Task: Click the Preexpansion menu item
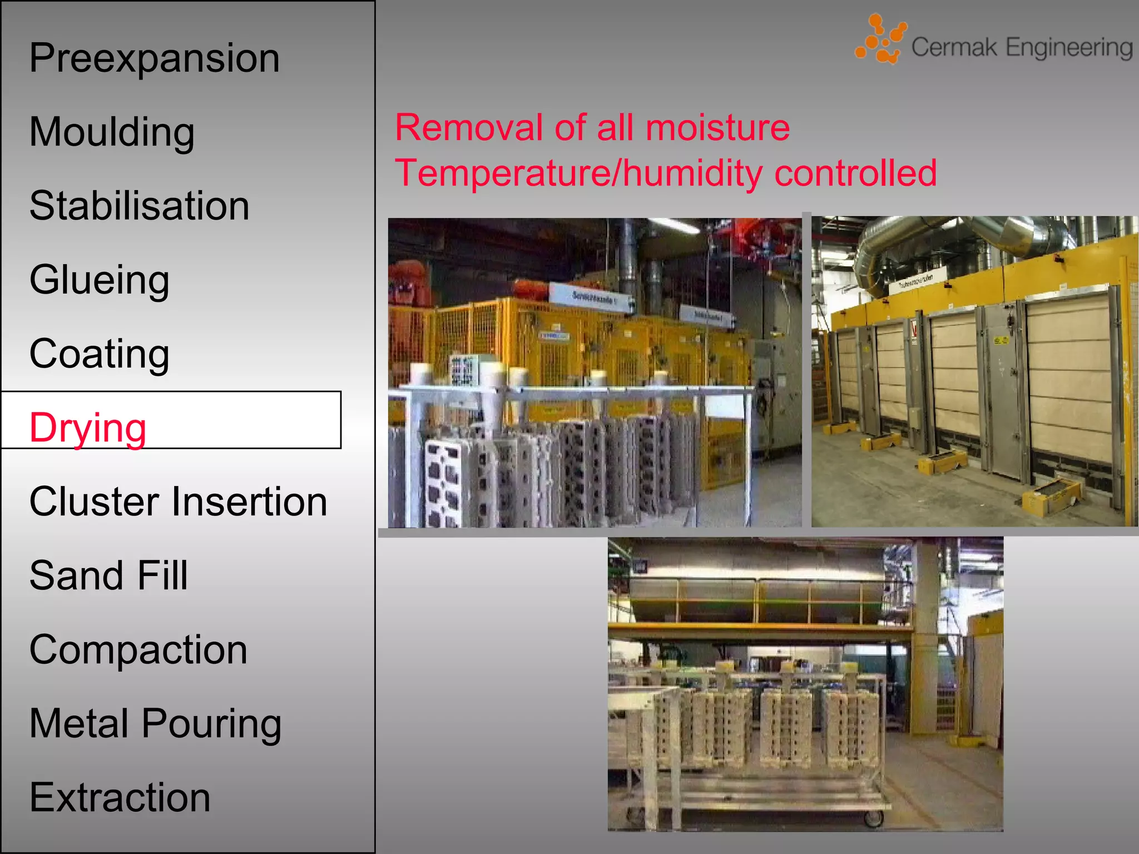(x=155, y=58)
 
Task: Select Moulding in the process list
(x=112, y=132)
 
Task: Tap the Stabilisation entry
(x=140, y=206)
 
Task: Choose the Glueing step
(x=100, y=280)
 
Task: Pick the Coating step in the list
(x=100, y=354)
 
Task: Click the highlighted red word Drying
(x=88, y=428)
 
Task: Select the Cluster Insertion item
(x=178, y=502)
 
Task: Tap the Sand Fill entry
(x=109, y=575)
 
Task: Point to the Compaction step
(x=138, y=649)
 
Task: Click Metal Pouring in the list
(x=155, y=723)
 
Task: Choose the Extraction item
(x=120, y=797)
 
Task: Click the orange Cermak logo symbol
(x=880, y=39)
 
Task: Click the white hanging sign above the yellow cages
(x=592, y=298)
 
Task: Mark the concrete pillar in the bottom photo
(x=926, y=639)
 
